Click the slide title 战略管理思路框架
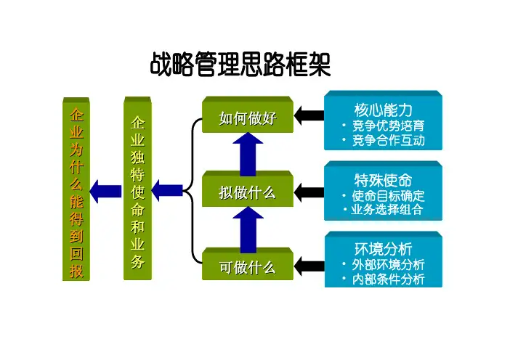tap(240, 67)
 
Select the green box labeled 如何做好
tap(248, 118)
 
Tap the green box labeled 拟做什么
tap(248, 192)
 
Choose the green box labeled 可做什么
tap(248, 267)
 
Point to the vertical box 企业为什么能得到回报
tap(76, 192)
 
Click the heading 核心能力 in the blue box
tap(384, 110)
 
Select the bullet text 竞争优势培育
tap(388, 126)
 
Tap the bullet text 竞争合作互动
tap(388, 141)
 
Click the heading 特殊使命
tap(384, 179)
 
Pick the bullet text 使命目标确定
tap(388, 196)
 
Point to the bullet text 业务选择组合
tap(388, 210)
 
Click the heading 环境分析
tap(384, 249)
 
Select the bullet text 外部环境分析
tap(388, 265)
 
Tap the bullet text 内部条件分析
tap(388, 279)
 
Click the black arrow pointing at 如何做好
tap(309, 115)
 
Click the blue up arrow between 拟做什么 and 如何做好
tap(248, 153)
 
